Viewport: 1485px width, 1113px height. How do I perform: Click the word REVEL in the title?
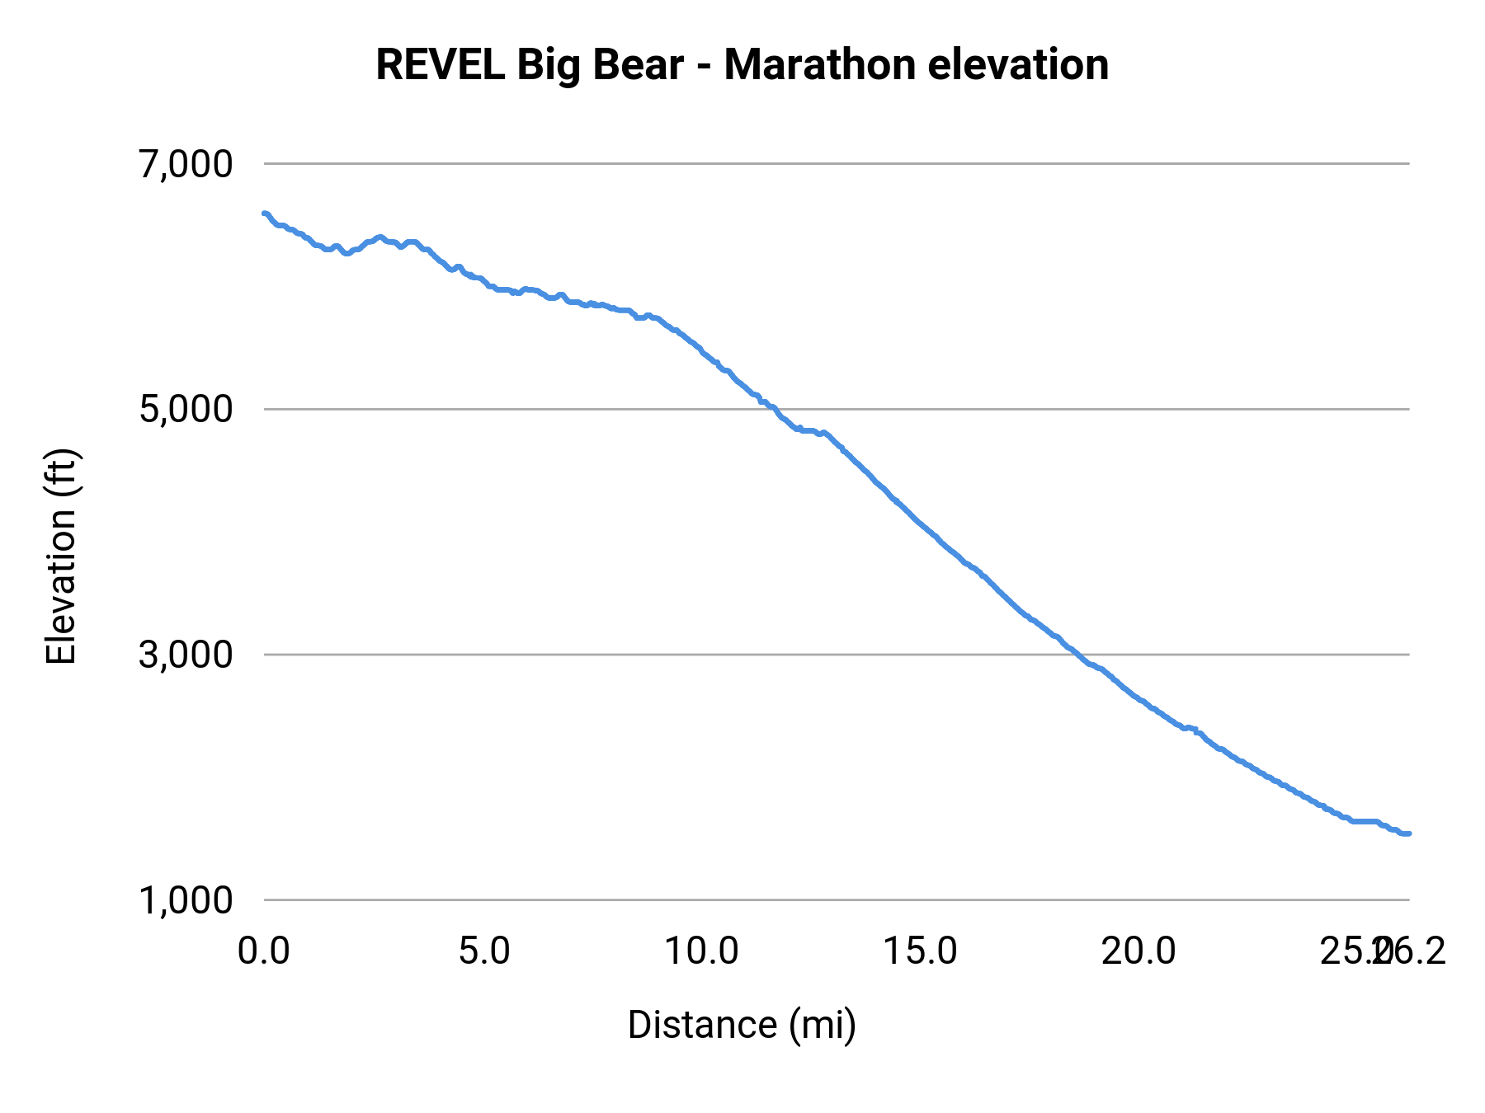click(x=440, y=65)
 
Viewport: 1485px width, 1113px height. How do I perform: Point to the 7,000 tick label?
click(x=186, y=164)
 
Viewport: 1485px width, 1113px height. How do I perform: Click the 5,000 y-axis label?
click(x=186, y=409)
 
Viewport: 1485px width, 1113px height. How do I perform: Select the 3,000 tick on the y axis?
click(x=186, y=655)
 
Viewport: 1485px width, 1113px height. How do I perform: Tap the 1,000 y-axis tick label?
click(x=186, y=899)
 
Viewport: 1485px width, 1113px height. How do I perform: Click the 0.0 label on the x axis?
click(x=264, y=951)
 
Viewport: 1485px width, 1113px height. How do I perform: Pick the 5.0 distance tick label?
click(x=483, y=951)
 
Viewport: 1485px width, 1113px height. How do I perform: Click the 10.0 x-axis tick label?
click(x=702, y=951)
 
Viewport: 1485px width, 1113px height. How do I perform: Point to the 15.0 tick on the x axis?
click(x=921, y=951)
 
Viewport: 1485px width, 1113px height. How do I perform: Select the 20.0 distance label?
click(x=1139, y=951)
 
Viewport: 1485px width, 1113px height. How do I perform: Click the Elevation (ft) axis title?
click(x=61, y=556)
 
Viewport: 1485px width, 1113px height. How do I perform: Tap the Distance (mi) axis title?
click(x=742, y=1025)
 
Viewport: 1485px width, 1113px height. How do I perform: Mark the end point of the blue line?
click(x=1409, y=834)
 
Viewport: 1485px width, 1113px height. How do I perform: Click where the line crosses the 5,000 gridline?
click(x=775, y=409)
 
